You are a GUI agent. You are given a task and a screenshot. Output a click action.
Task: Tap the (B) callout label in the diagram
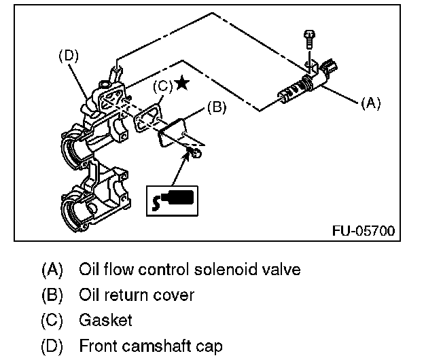(215, 107)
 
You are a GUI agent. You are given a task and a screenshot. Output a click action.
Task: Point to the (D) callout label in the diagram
(67, 56)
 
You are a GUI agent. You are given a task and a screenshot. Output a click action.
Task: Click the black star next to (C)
(181, 83)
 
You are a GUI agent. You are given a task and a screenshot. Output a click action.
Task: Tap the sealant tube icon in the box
(174, 200)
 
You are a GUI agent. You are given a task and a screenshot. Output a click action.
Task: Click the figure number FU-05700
(363, 230)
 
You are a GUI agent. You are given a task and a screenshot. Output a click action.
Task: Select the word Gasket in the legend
(105, 320)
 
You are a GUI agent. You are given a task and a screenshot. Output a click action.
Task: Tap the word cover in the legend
(176, 295)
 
